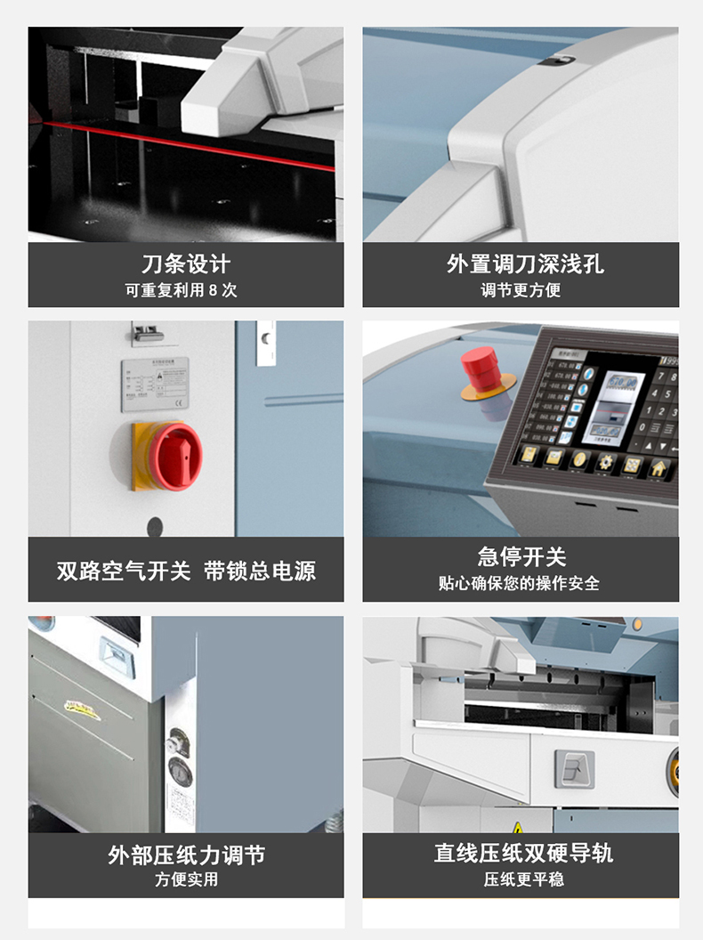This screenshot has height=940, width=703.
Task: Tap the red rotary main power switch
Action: click(168, 455)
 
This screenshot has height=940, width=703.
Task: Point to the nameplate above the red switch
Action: click(155, 385)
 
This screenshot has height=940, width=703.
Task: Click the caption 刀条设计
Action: click(186, 263)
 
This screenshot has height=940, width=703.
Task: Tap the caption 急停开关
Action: click(521, 557)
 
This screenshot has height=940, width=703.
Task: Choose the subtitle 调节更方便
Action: click(521, 290)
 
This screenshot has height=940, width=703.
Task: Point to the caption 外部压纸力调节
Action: click(186, 855)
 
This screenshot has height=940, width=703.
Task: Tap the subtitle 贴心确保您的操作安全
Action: click(520, 584)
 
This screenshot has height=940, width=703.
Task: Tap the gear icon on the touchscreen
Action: click(606, 463)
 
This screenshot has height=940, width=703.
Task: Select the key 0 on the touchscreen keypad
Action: click(643, 427)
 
